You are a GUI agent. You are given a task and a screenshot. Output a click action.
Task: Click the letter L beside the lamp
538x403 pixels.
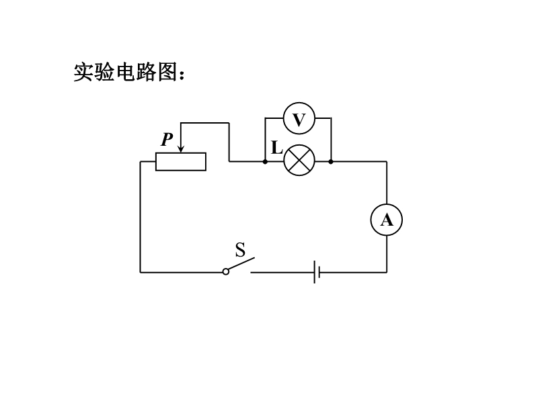(x=276, y=148)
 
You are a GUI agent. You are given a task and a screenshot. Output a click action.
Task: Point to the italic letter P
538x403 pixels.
(x=167, y=139)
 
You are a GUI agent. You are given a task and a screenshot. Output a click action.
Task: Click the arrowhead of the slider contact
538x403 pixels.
(x=181, y=148)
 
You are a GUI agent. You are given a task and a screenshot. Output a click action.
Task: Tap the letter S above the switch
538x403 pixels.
(x=241, y=249)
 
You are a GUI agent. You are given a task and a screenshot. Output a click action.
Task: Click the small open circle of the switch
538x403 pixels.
(x=226, y=272)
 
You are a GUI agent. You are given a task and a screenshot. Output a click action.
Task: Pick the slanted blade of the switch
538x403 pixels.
(x=241, y=264)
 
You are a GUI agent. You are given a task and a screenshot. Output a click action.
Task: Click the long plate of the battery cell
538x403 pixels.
(x=314, y=272)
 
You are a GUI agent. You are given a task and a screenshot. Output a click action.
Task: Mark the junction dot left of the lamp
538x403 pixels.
(x=265, y=161)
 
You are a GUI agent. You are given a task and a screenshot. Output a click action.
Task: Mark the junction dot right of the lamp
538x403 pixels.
(x=331, y=161)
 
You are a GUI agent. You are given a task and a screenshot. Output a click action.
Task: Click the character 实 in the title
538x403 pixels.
(x=84, y=72)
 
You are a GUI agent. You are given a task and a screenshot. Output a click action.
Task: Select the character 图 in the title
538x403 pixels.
(x=167, y=72)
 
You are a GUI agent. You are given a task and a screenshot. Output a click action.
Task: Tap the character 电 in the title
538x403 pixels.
(x=126, y=72)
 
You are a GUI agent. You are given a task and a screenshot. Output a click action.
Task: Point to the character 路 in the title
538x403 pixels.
(x=147, y=72)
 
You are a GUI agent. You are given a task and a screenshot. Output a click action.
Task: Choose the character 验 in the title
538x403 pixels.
(x=105, y=72)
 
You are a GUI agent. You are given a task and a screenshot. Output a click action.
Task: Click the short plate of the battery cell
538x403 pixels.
(x=319, y=273)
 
